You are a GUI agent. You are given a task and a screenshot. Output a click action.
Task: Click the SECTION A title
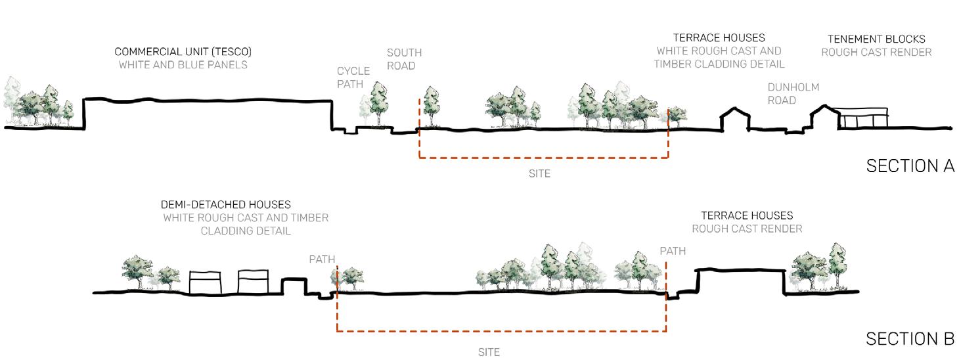(910, 166)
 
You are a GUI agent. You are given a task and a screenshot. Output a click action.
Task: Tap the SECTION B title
(910, 339)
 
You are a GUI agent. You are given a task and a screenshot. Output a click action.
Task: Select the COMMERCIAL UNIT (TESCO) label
(183, 51)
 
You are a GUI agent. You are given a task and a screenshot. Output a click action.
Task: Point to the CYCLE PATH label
(353, 78)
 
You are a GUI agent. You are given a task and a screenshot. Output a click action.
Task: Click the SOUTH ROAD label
(404, 59)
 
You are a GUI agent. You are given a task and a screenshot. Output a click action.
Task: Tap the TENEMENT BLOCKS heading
(876, 39)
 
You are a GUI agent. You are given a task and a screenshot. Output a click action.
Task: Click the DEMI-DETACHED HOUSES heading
(225, 205)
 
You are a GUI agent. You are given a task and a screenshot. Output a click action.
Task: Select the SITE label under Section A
(539, 174)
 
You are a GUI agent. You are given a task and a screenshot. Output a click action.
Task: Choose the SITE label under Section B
(489, 352)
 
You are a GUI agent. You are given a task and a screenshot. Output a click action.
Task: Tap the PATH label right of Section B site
(673, 251)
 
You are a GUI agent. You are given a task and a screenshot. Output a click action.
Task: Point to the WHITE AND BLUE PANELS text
(183, 65)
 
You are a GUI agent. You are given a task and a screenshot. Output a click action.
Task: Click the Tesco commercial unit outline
(207, 113)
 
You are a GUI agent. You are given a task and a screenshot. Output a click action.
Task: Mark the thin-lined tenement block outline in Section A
(862, 119)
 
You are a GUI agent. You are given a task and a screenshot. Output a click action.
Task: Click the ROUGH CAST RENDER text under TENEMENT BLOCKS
(876, 52)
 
